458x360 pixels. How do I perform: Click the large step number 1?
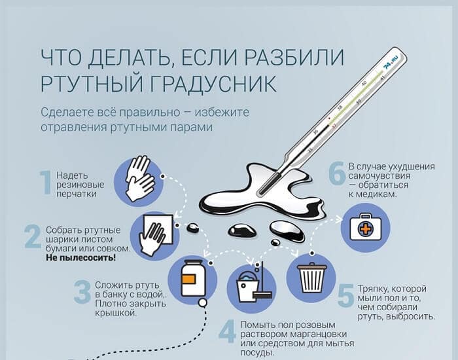46,183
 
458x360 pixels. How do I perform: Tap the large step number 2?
33,236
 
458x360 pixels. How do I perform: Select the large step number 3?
82,291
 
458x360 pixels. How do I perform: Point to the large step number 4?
227,331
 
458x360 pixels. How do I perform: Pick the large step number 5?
346,295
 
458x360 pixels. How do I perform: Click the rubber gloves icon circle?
139,181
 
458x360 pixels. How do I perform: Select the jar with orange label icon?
192,279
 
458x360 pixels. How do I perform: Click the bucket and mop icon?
252,289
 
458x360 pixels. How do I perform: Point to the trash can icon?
311,278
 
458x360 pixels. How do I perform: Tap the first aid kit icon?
366,228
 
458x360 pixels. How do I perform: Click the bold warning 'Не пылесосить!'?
81,258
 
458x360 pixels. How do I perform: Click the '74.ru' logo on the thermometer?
391,62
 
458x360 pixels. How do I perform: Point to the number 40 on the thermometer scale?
364,84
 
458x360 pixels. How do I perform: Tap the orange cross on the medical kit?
365,228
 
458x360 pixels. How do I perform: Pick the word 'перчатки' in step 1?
77,194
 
